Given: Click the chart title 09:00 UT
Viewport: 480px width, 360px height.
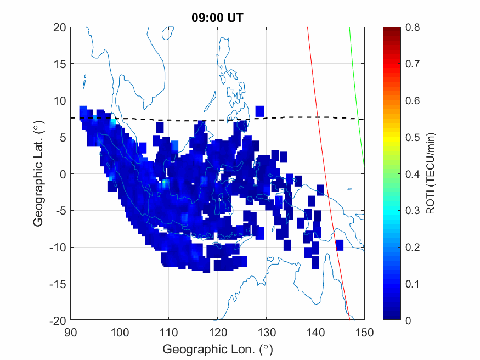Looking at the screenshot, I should tap(217, 18).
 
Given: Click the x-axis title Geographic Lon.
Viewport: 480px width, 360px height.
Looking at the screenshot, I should tap(217, 350).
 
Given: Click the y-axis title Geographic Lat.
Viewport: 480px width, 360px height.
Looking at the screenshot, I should tap(38, 173).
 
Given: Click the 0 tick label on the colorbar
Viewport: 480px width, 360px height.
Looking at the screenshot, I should tap(408, 320).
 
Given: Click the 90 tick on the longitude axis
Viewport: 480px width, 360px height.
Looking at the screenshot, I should tap(70, 331).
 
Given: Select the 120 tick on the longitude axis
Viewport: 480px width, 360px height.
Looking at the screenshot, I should tap(217, 331).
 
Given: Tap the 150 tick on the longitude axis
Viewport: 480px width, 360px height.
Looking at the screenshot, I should tap(364, 331).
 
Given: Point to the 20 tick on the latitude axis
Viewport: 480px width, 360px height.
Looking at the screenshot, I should tap(59, 27).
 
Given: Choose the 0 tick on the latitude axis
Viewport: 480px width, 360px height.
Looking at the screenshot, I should tap(63, 174).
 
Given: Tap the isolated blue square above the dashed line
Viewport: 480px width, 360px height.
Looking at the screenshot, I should tap(259, 111).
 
